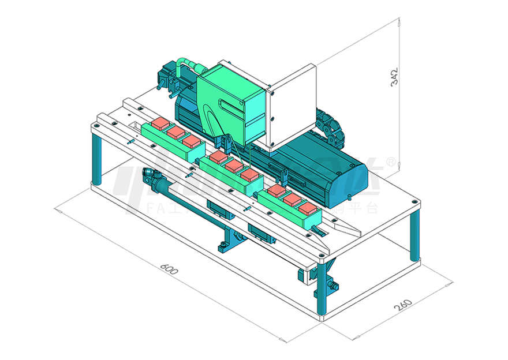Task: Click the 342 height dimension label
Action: pyautogui.click(x=395, y=78)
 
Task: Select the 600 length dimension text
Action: pyautogui.click(x=168, y=269)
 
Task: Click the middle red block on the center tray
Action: pyautogui.click(x=234, y=166)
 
